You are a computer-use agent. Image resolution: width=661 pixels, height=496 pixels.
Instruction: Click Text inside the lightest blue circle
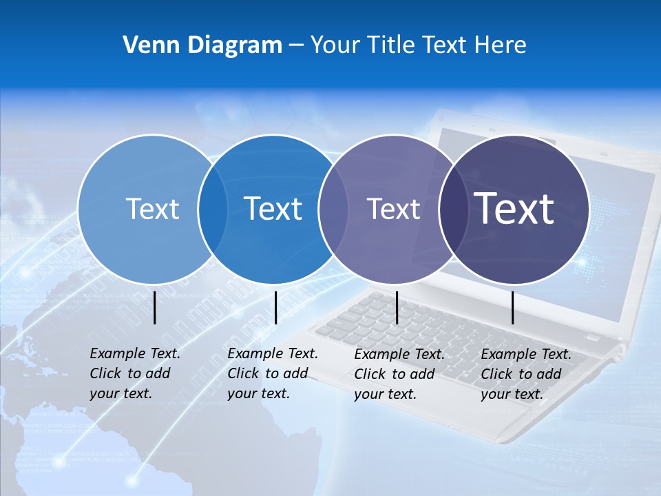pos(152,209)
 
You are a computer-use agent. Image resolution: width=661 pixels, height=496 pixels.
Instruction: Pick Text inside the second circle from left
pos(273,209)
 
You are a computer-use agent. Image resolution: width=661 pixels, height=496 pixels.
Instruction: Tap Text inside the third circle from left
pos(393,209)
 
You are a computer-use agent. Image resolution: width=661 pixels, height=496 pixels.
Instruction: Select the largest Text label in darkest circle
pos(514,209)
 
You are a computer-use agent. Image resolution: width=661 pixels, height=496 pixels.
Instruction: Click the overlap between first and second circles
pos(213,209)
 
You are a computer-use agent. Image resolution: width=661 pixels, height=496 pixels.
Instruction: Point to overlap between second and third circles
pos(333,209)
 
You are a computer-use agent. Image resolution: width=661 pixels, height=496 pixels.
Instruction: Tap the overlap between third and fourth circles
pos(453,209)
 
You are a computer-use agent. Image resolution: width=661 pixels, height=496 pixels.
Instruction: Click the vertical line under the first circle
pos(154,307)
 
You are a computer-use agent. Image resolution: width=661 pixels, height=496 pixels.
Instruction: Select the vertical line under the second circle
pos(275,307)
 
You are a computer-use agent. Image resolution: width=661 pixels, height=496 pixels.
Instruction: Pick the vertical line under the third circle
pos(397,307)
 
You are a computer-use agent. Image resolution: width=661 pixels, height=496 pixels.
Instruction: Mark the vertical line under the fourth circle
pos(513,307)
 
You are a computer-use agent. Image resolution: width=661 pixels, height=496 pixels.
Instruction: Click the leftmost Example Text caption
pos(134,373)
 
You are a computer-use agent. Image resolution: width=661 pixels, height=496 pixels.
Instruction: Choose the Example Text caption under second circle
pos(272,373)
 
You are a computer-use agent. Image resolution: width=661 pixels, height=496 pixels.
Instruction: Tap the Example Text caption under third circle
pos(399,374)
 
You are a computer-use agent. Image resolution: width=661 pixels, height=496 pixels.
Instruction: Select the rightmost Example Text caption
pos(525,374)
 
